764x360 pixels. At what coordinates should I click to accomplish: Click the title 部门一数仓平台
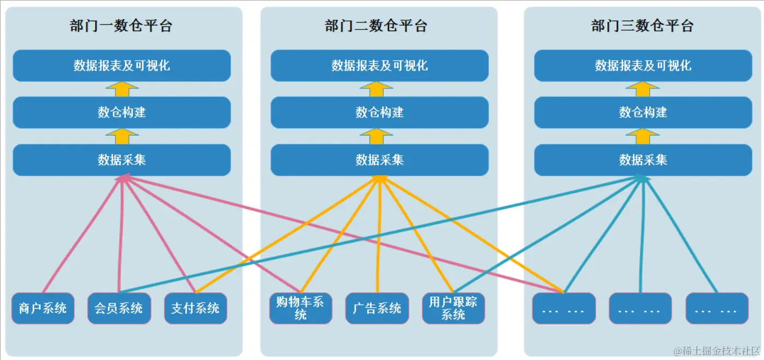pos(121,26)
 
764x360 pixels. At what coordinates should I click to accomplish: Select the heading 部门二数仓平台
pos(376,26)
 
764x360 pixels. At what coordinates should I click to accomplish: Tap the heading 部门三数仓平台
pos(643,26)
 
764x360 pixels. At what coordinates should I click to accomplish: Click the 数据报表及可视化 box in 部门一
pos(122,66)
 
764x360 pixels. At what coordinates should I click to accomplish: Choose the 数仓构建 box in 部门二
pos(380,113)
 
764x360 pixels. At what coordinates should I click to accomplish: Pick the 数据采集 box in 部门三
pos(643,160)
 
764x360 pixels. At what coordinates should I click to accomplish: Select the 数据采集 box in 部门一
pos(122,160)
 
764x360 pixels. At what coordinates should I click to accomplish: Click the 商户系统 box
pos(43,308)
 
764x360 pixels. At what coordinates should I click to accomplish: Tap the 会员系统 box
pos(119,308)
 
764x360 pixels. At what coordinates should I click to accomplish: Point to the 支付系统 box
pos(195,308)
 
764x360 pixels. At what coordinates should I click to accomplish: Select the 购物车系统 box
pos(300,308)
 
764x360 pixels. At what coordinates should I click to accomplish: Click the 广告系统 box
pos(377,308)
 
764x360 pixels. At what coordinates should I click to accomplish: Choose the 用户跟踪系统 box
pos(453,308)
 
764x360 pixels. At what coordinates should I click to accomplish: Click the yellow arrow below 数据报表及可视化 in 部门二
pos(377,89)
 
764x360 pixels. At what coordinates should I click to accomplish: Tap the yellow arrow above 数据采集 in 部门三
pos(643,136)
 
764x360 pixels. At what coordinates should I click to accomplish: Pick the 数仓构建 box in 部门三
pos(643,113)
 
